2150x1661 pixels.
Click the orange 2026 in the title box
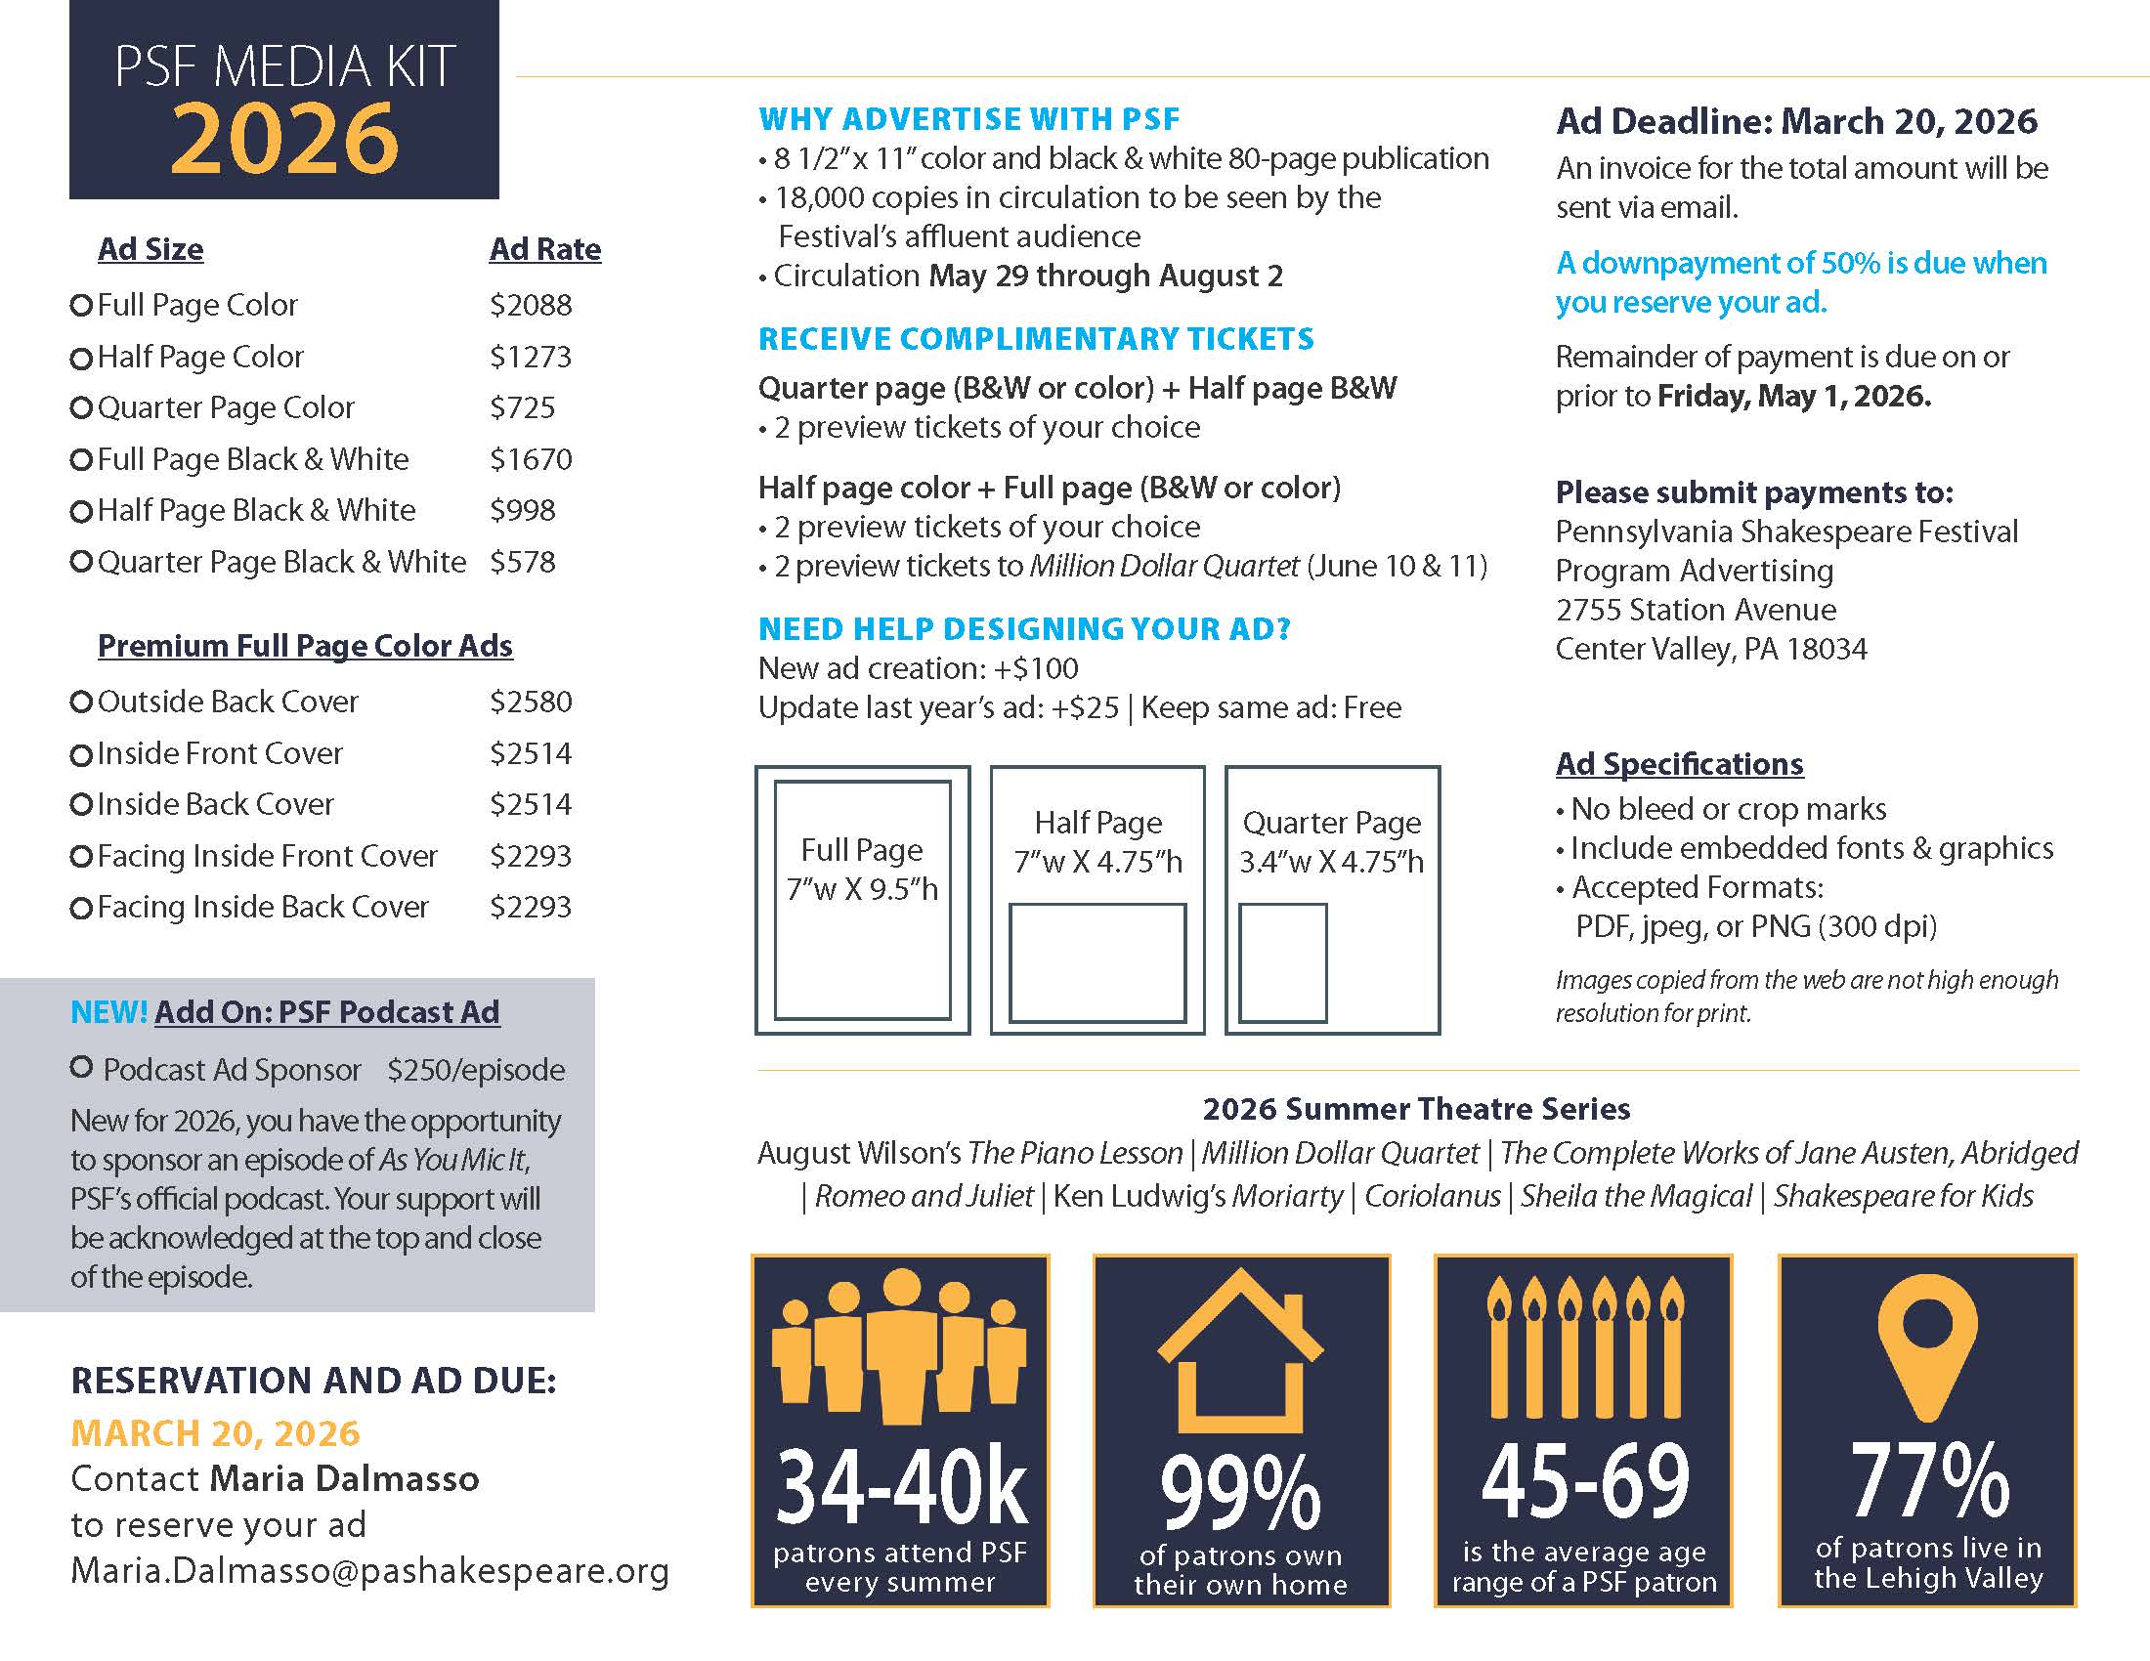pyautogui.click(x=284, y=139)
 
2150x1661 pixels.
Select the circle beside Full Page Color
pyautogui.click(x=82, y=305)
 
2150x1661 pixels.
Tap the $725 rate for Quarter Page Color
pyautogui.click(x=522, y=407)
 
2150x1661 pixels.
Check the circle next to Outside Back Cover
pyautogui.click(x=82, y=702)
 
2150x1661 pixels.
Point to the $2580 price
pyautogui.click(x=531, y=702)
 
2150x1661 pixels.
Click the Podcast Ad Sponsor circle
pyautogui.click(x=82, y=1067)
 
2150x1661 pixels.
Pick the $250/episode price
pyautogui.click(x=476, y=1070)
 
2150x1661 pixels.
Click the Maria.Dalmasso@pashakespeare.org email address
pyautogui.click(x=369, y=1570)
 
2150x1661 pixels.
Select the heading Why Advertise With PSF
pyautogui.click(x=968, y=119)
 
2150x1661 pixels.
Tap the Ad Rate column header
pyautogui.click(x=544, y=249)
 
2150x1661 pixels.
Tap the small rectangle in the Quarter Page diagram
pyautogui.click(x=1282, y=962)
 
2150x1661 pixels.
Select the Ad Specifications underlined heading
pyautogui.click(x=1678, y=764)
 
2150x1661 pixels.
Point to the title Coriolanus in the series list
pyautogui.click(x=1432, y=1196)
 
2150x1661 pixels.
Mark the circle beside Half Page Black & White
pyautogui.click(x=82, y=511)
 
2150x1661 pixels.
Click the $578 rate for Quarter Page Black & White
pyautogui.click(x=522, y=562)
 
